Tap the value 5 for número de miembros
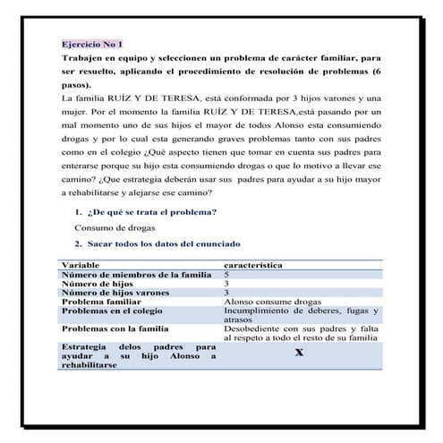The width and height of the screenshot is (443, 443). [x=226, y=275]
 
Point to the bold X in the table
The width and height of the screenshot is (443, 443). [x=299, y=353]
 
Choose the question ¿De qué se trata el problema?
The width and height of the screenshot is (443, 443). [x=152, y=213]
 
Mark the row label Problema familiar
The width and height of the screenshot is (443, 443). [x=100, y=302]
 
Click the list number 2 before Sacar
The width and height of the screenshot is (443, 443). [x=79, y=243]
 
